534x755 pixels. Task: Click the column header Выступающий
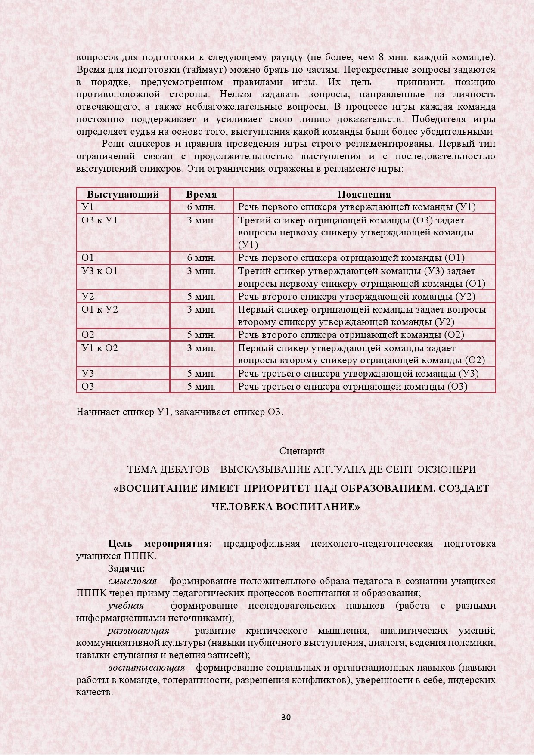tap(123, 194)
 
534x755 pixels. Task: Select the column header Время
tap(202, 194)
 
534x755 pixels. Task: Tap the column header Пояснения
tap(364, 194)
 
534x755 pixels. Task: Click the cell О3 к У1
tap(99, 220)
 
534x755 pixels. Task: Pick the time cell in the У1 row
tap(202, 207)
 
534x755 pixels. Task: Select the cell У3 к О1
tap(99, 271)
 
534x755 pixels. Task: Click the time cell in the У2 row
tap(202, 297)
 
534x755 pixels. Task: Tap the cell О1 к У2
tap(99, 309)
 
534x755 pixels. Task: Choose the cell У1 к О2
tap(99, 348)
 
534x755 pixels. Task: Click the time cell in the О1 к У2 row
tap(202, 309)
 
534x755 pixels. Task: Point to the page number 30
tap(286, 717)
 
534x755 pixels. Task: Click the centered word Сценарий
tap(302, 451)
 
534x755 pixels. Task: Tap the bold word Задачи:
tap(127, 568)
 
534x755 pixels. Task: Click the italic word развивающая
tap(138, 631)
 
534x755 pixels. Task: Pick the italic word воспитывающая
tap(146, 668)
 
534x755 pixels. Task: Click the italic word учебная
tap(126, 606)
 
